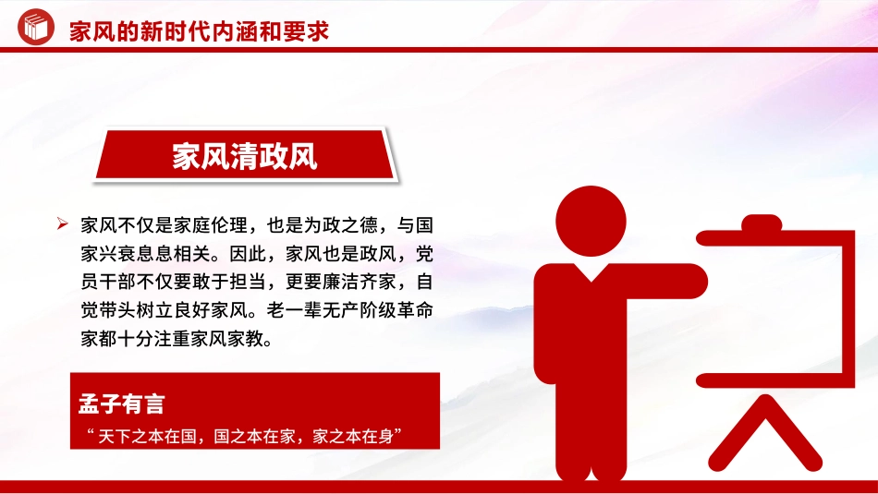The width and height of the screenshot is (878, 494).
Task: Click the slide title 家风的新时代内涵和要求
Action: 199,31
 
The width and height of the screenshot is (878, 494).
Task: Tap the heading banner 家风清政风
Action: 245,156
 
